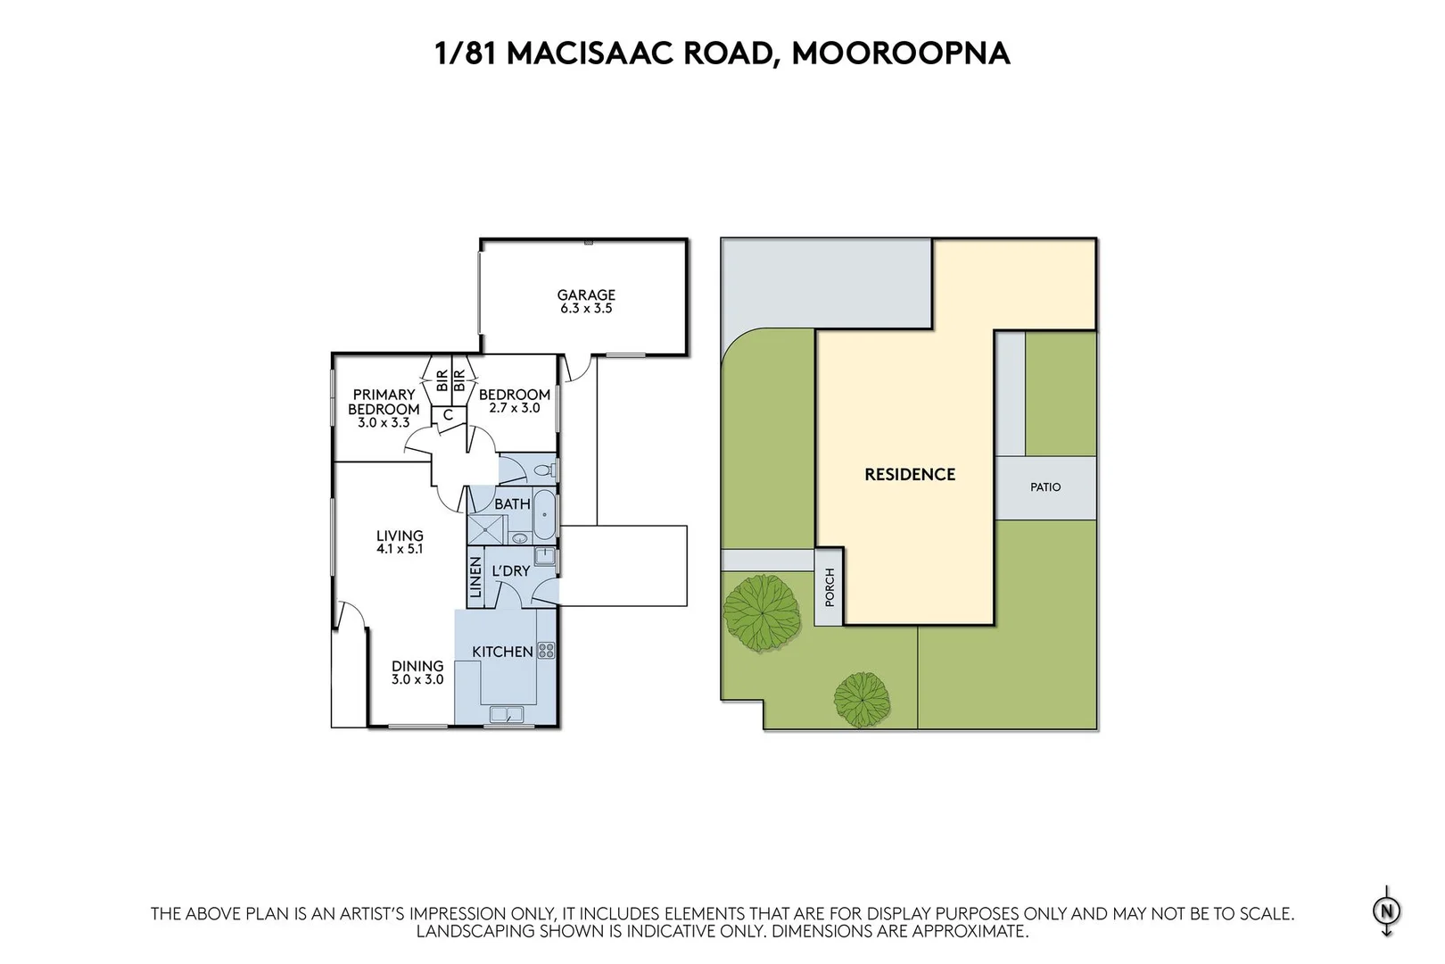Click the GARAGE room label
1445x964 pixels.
[x=586, y=295]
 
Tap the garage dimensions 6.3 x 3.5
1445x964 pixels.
[x=586, y=309]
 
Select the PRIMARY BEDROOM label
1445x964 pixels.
[x=384, y=402]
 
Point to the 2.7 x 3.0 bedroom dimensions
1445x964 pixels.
[x=515, y=408]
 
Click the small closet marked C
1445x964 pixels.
[x=448, y=415]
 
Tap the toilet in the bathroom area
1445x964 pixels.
[x=543, y=470]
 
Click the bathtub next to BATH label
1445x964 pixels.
[x=544, y=513]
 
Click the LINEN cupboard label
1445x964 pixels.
[x=475, y=578]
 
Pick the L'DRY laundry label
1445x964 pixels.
[x=511, y=570]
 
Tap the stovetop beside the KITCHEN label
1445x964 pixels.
[x=546, y=651]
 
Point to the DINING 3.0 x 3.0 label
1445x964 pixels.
[x=417, y=672]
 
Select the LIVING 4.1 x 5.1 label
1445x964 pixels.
[x=399, y=543]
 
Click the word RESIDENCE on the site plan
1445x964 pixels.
[x=910, y=475]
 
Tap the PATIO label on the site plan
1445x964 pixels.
[x=1045, y=487]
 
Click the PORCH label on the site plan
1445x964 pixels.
[x=830, y=587]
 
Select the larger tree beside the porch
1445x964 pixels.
[x=760, y=612]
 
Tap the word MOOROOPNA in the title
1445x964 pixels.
[x=901, y=53]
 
